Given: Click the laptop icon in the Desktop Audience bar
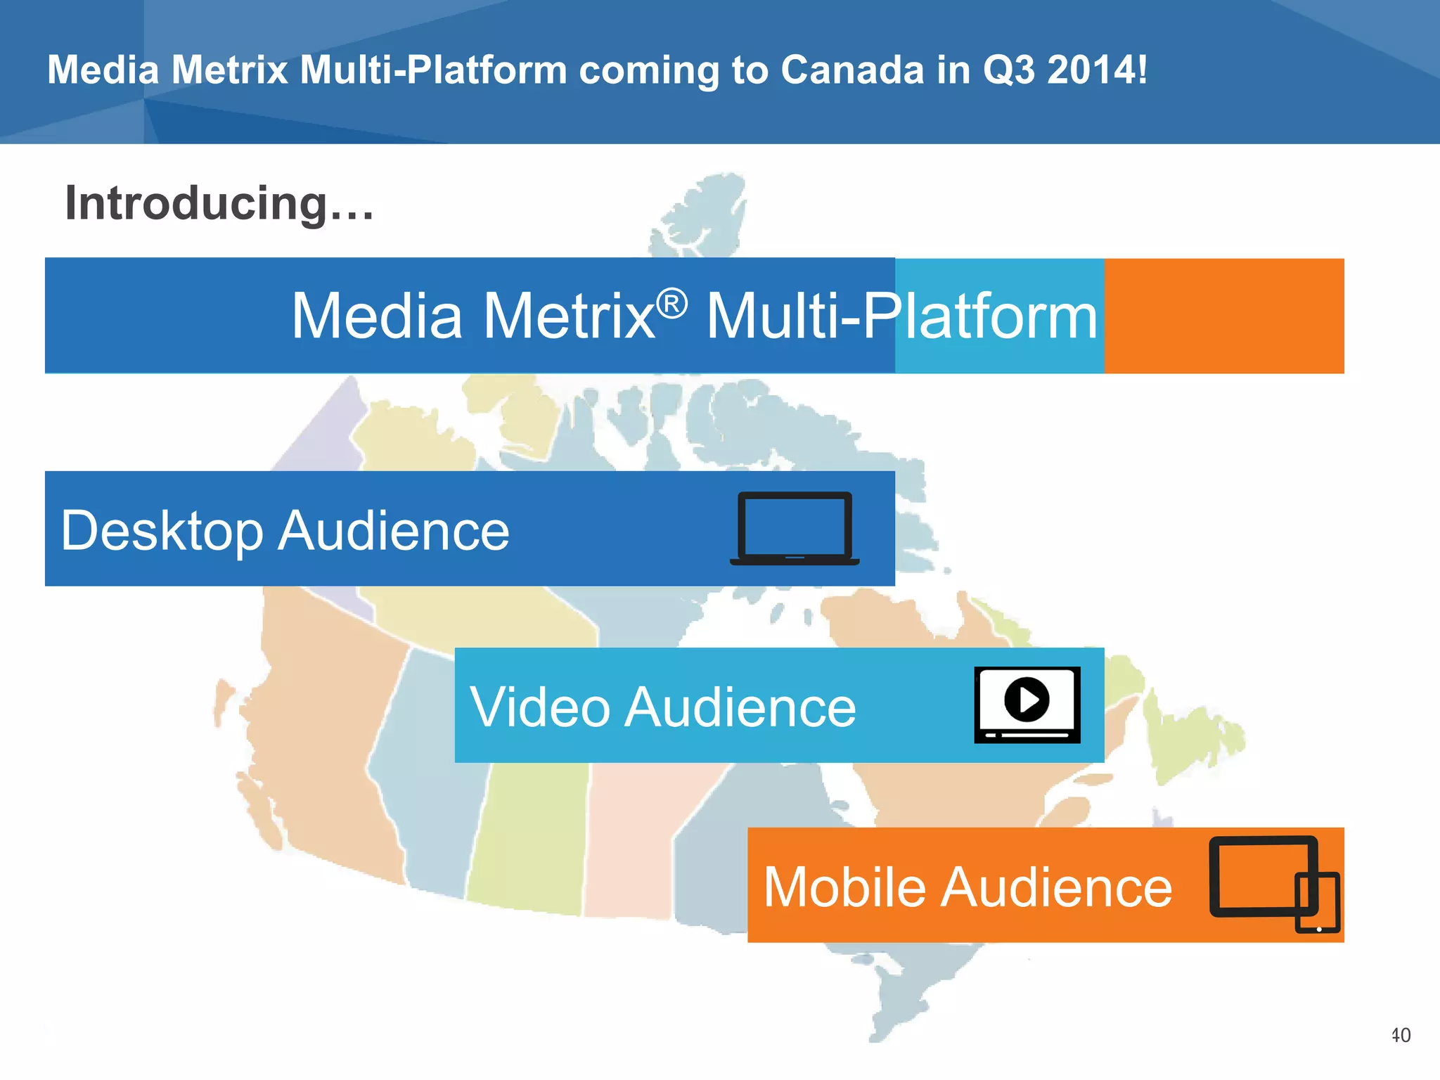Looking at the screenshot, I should coord(795,528).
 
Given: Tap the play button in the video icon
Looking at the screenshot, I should coord(1027,699).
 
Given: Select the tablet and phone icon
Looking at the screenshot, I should coord(1273,883).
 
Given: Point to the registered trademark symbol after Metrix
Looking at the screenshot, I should coord(671,304).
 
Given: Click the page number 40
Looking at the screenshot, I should coord(1400,1035).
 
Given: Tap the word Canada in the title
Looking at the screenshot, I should coord(851,70).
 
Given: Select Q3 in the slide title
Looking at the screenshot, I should coord(1008,70).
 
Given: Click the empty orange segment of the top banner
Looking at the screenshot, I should coord(1223,316).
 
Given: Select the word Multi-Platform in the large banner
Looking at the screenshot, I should coord(901,316).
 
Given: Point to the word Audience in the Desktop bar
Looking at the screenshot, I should coord(393,531).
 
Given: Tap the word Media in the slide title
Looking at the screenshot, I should coord(103,70).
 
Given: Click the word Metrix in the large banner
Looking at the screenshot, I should coord(570,316).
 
